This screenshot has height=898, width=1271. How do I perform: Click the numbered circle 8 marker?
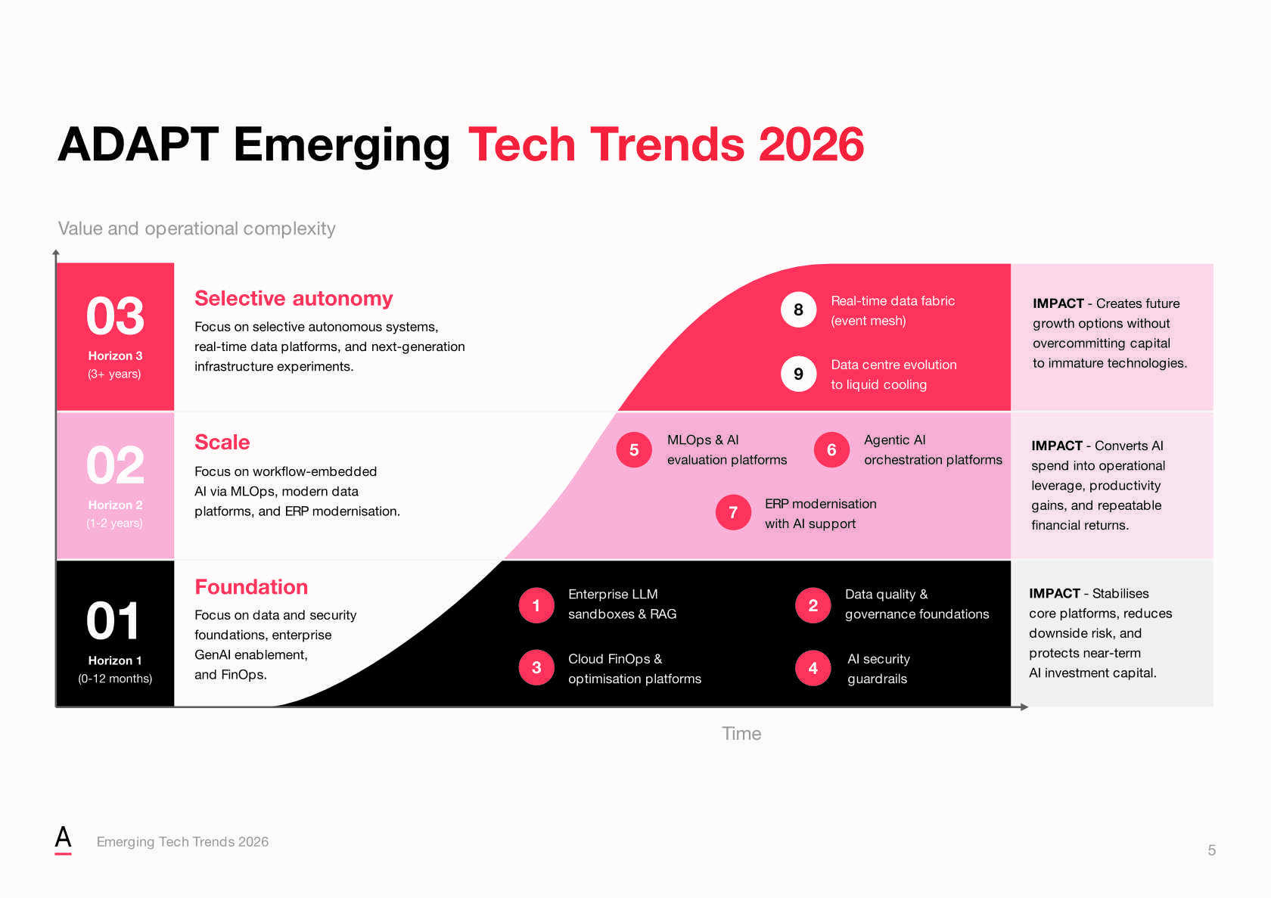pos(798,309)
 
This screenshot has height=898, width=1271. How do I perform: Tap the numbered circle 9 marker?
pos(798,374)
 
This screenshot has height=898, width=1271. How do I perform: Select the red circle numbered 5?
pos(634,450)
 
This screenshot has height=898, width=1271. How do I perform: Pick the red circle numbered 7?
pos(733,513)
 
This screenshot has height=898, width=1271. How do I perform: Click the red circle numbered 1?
pos(536,605)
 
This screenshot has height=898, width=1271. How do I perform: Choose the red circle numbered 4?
pos(813,668)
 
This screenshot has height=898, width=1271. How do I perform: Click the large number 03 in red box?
pos(115,316)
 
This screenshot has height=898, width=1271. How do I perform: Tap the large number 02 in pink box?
pos(115,465)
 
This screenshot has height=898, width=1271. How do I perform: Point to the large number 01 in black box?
pos(113,621)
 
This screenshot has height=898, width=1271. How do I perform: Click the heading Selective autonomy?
pos(294,299)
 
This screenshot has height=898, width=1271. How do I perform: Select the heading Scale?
pos(222,443)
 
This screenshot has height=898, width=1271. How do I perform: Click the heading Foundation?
pos(251,587)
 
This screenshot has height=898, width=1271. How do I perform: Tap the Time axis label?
pos(741,733)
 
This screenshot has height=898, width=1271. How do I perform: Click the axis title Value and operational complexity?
pos(197,228)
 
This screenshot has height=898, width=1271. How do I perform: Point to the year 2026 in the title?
pos(811,144)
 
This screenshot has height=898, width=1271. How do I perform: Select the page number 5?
pos(1211,850)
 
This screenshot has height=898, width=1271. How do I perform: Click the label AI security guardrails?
pos(878,669)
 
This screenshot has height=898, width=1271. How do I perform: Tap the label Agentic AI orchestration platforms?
pos(932,450)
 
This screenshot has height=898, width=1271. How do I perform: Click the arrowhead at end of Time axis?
pos(1024,707)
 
